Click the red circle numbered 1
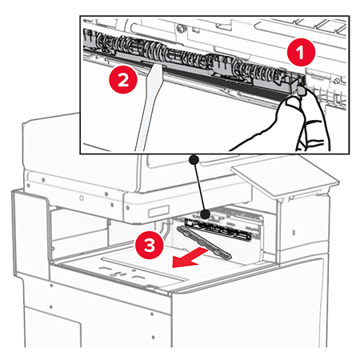click(x=301, y=52)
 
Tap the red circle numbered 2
click(x=123, y=79)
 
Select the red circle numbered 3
click(x=150, y=245)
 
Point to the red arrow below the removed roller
click(x=190, y=258)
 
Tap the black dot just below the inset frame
click(x=194, y=160)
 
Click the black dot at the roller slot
click(x=206, y=214)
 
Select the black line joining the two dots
click(x=200, y=186)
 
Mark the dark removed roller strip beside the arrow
click(x=204, y=242)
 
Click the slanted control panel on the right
click(x=285, y=177)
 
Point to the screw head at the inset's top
click(x=180, y=27)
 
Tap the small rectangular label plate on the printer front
click(x=159, y=211)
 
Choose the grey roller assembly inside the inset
click(x=192, y=60)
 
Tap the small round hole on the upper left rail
click(x=82, y=198)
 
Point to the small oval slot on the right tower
click(x=294, y=233)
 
